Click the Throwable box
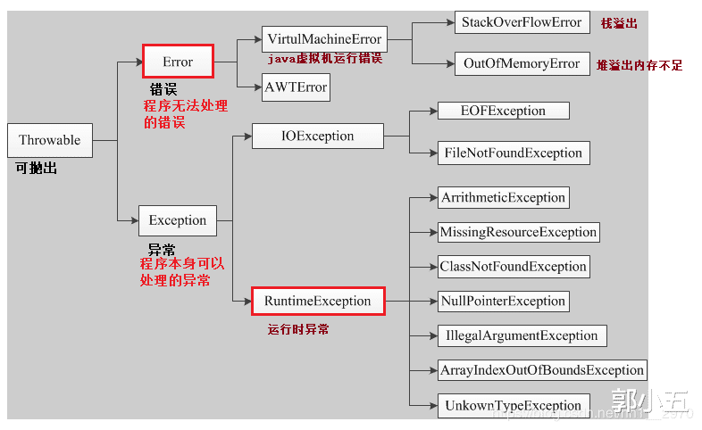49,141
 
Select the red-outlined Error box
178,62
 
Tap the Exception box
177,220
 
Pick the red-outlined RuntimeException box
317,302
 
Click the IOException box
317,136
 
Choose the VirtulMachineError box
324,39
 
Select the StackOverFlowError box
522,22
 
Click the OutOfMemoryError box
522,63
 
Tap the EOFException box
503,111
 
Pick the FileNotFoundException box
513,153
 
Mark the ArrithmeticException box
503,197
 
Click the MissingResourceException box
518,232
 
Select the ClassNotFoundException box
514,266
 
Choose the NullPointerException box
503,301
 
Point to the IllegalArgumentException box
522,335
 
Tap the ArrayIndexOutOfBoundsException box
541,369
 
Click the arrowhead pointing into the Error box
138,62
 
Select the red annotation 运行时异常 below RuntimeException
298,329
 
